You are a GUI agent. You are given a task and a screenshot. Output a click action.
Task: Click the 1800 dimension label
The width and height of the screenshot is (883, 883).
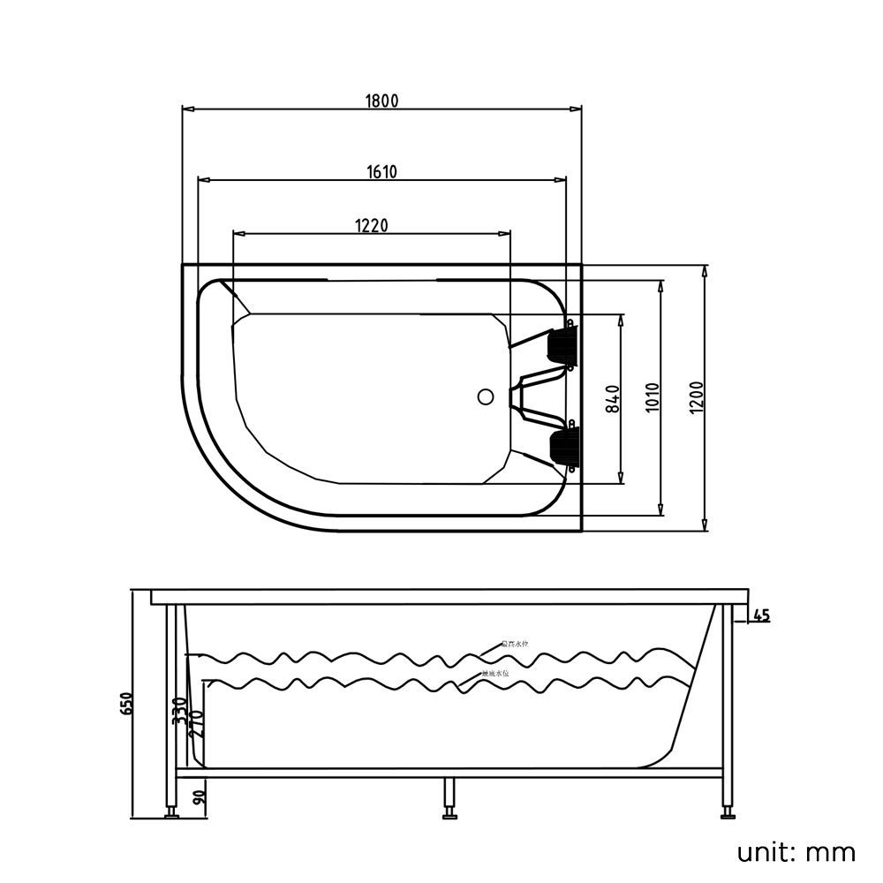(381, 101)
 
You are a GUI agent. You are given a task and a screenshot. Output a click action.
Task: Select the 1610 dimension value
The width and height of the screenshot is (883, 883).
(381, 172)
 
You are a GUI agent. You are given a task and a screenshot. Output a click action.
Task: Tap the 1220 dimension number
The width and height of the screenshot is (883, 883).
(372, 225)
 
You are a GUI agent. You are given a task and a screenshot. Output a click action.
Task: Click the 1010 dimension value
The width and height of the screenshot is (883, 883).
(653, 399)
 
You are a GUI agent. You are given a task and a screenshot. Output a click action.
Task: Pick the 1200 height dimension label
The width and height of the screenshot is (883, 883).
(697, 399)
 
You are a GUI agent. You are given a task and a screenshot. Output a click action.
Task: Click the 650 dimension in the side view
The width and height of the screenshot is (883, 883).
(127, 704)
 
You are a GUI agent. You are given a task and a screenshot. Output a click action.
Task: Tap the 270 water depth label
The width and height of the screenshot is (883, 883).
(198, 724)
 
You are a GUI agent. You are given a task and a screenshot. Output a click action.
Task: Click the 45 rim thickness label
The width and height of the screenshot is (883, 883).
(760, 615)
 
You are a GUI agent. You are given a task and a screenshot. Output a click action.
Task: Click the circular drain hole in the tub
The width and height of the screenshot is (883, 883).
(485, 396)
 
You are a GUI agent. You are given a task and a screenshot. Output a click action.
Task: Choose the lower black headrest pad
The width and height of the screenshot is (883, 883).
(562, 447)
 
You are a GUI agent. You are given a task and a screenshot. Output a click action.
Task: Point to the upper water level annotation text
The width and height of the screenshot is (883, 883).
(515, 645)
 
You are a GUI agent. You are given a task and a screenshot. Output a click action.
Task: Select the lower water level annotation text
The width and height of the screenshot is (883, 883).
(495, 674)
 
